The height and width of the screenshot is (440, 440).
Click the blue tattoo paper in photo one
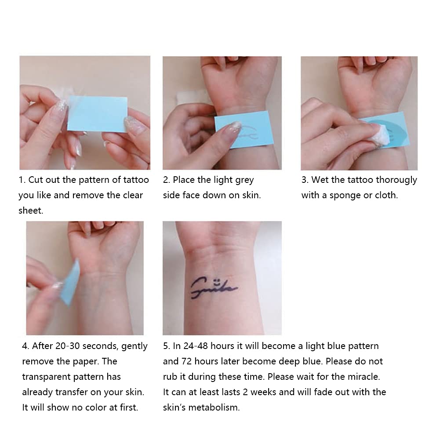98,113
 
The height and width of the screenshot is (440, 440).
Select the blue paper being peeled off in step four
71,283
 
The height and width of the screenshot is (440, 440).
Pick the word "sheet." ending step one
31,211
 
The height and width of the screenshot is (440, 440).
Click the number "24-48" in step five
196,345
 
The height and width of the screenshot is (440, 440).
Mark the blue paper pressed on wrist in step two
243,128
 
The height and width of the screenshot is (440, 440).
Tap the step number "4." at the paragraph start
25,345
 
